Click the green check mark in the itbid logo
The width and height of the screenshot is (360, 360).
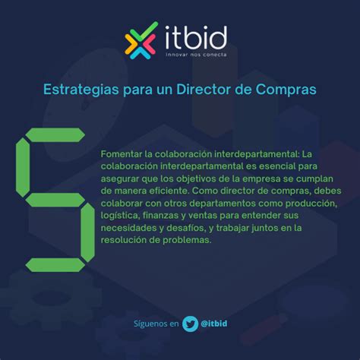(x=147, y=31)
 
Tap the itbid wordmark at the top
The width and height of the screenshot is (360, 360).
(x=196, y=37)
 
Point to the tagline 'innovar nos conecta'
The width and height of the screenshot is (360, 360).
(x=196, y=55)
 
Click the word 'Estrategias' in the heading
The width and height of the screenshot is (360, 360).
(x=81, y=90)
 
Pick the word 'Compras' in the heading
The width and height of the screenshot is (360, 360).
(x=286, y=90)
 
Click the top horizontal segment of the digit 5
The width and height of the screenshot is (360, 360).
(x=55, y=135)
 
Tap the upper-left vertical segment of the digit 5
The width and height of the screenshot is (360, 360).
(x=23, y=167)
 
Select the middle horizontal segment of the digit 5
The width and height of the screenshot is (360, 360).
(x=55, y=200)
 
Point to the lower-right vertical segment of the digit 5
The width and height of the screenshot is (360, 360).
(x=88, y=232)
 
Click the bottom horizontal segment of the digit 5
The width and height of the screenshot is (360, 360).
(x=55, y=265)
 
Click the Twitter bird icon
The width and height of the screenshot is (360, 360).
(x=190, y=324)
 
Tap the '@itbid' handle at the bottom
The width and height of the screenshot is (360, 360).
(x=214, y=324)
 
